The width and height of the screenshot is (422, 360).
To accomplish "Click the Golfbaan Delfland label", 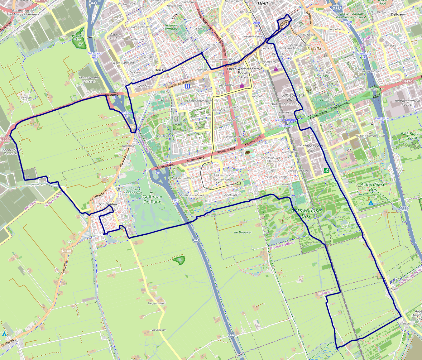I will tap(152, 199).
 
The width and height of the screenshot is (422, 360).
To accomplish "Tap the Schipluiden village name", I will tap(108, 204).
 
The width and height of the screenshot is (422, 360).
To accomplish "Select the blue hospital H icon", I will tap(187, 86).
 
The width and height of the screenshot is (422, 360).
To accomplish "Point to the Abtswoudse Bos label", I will tap(306, 213).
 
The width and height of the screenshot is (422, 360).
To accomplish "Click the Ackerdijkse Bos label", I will tap(373, 187).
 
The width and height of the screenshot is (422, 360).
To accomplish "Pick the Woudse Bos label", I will tap(78, 38).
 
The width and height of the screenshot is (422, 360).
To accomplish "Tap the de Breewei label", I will tap(242, 232).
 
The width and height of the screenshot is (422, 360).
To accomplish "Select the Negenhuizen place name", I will tap(157, 303).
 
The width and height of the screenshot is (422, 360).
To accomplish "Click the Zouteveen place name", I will tap(159, 330).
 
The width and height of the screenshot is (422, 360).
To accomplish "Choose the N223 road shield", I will tap(5, 140).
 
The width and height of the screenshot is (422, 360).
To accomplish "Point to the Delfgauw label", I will tap(398, 14).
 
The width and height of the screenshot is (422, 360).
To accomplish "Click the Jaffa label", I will tap(317, 48).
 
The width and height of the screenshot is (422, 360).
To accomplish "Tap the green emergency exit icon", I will tap(326, 170).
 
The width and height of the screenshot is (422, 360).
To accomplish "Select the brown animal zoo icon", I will tap(248, 153).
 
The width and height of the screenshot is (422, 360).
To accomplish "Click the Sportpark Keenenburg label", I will tap(133, 191).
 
